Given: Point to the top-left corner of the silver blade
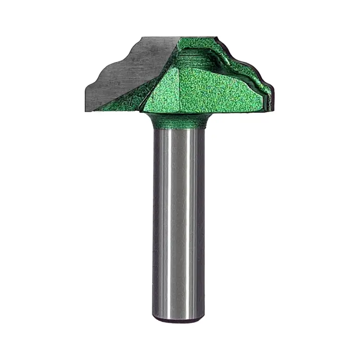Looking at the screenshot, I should click(143, 38).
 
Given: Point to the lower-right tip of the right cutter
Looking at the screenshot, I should click(271, 108).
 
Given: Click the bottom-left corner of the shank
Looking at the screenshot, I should click(155, 317).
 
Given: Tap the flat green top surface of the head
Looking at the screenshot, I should click(192, 39).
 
